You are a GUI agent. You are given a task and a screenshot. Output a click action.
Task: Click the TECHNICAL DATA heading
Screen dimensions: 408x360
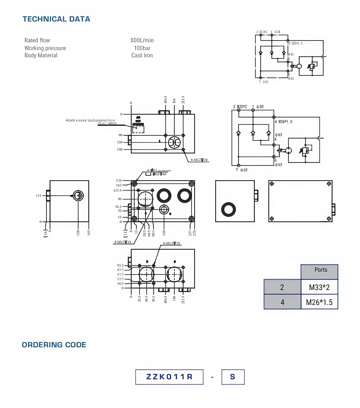56,19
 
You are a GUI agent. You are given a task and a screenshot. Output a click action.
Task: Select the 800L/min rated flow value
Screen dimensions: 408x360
142,41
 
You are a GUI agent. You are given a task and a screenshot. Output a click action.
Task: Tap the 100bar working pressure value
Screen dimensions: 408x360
142,48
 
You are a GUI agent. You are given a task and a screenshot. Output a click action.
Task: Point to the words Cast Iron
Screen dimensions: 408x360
142,56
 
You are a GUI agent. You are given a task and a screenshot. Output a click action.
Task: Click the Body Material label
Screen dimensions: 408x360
41,56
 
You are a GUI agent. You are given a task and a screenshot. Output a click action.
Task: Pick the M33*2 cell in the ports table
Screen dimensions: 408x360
319,288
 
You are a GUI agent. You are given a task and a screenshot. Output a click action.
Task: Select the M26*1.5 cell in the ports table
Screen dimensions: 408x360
319,302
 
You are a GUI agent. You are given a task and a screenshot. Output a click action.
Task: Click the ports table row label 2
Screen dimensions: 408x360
282,288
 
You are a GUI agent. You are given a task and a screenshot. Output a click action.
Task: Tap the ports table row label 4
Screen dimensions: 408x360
282,302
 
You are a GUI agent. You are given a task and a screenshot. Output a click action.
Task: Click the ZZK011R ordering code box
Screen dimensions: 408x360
169,377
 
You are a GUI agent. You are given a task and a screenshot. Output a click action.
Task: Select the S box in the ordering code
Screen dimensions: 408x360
232,377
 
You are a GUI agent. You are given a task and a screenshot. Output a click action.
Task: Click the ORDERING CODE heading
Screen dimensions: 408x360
54,345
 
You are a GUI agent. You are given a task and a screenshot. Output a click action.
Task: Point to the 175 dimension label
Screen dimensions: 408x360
119,181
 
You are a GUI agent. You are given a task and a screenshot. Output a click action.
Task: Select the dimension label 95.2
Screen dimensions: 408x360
120,265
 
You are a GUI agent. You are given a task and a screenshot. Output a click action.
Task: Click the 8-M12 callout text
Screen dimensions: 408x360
171,244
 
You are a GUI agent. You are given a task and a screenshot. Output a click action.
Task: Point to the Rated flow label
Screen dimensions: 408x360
37,41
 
